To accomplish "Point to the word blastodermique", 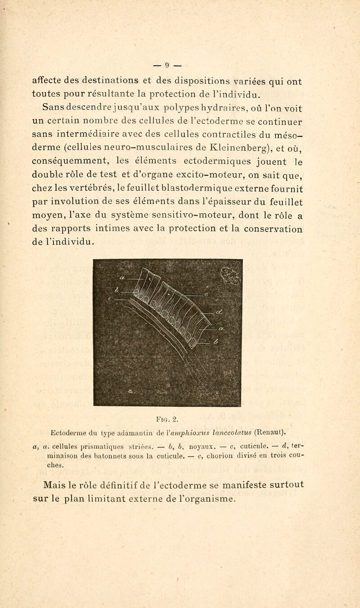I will (x=198, y=190).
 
